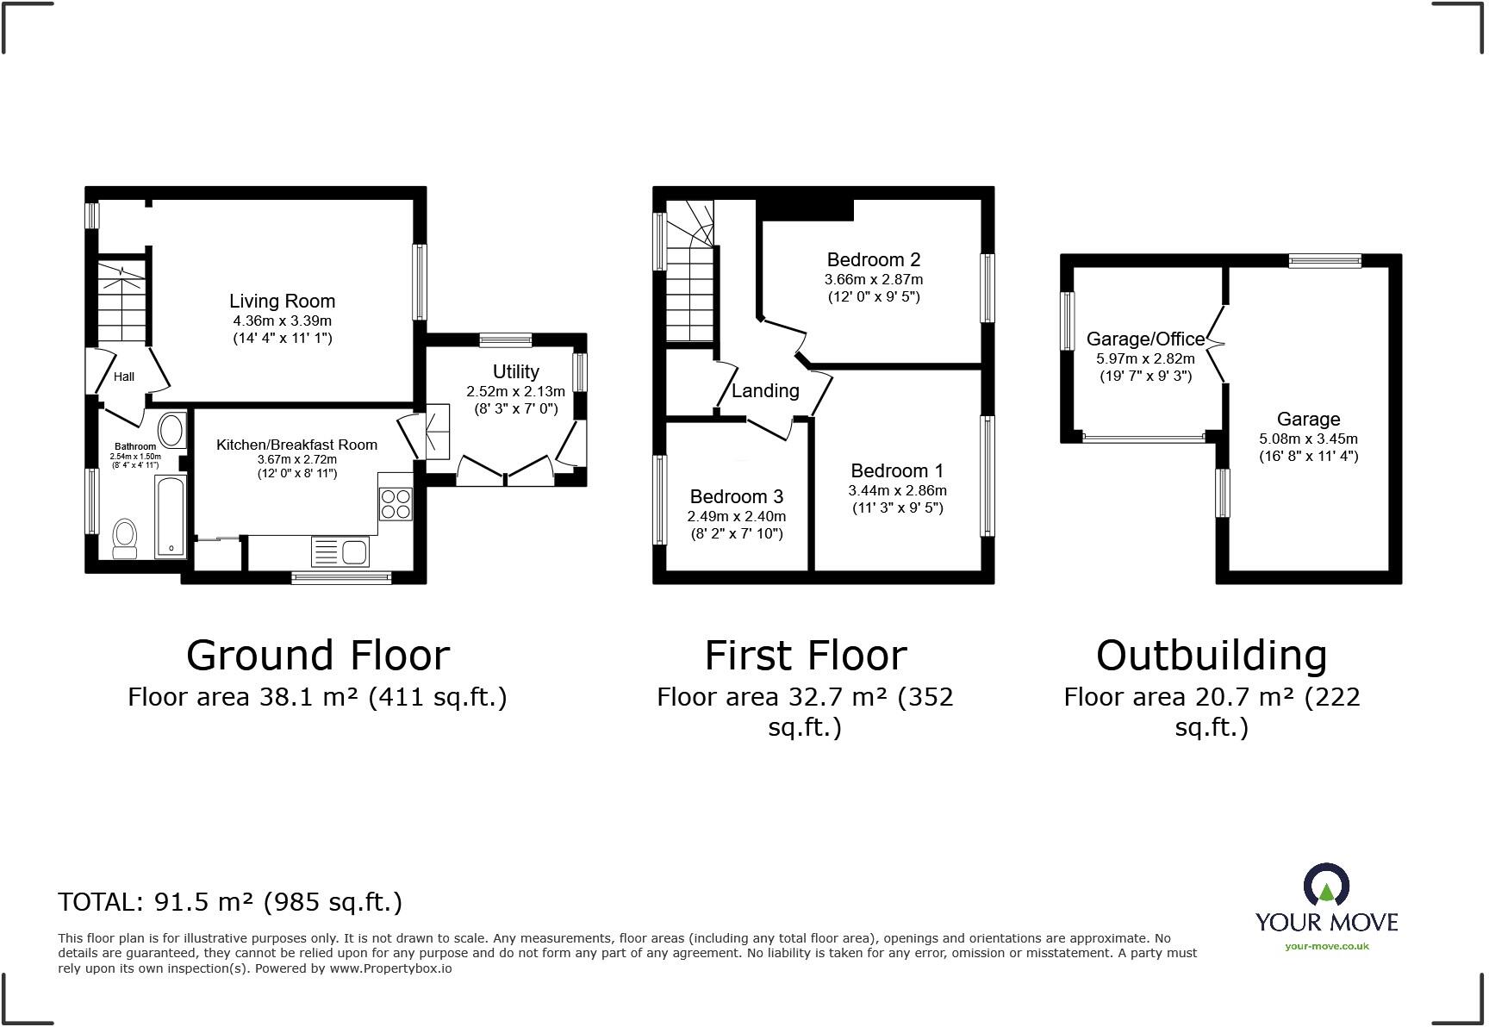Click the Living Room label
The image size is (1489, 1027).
pyautogui.click(x=282, y=302)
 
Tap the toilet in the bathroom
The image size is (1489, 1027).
pyautogui.click(x=126, y=534)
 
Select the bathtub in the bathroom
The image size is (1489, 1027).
pyautogui.click(x=171, y=515)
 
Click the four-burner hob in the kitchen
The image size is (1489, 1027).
pyautogui.click(x=396, y=503)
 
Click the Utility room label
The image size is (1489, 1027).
pyautogui.click(x=515, y=371)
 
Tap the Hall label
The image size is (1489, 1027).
pyautogui.click(x=124, y=377)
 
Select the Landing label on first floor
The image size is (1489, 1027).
pyautogui.click(x=765, y=391)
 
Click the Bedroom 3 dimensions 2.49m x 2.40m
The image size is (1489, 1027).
pyautogui.click(x=736, y=516)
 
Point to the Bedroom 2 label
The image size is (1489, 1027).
pyautogui.click(x=873, y=259)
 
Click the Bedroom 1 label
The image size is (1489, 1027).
pyautogui.click(x=896, y=470)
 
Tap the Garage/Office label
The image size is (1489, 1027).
pyautogui.click(x=1145, y=339)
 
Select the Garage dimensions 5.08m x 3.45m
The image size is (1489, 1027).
pyautogui.click(x=1307, y=439)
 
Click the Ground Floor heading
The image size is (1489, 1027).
pyautogui.click(x=317, y=656)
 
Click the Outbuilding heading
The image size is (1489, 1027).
pyautogui.click(x=1211, y=656)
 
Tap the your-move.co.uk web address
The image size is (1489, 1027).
pyautogui.click(x=1326, y=946)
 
